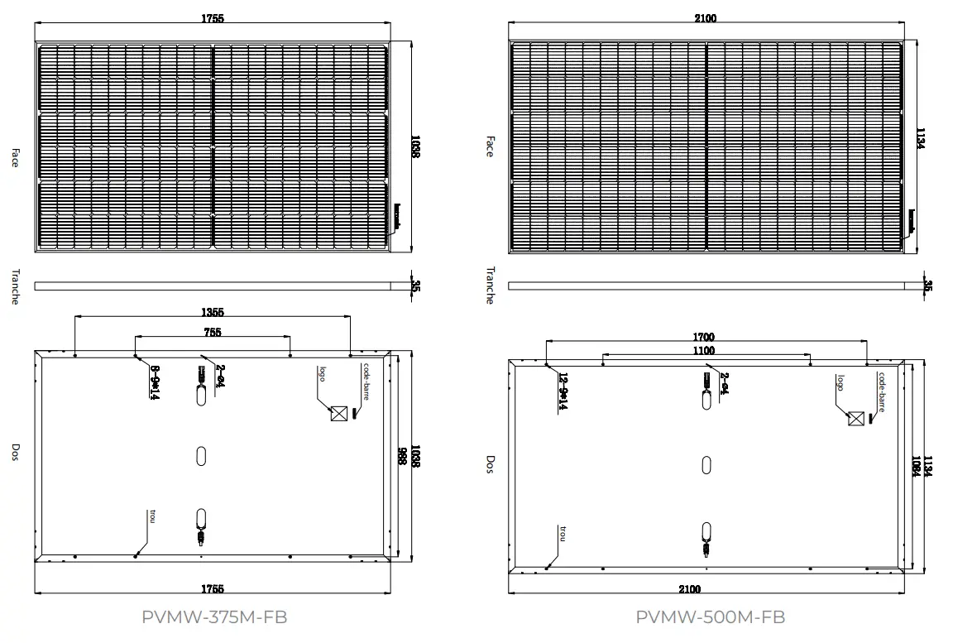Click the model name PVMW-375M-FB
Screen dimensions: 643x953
coord(214,617)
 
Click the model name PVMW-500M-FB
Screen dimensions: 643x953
coord(710,617)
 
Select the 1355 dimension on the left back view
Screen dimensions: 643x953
coord(213,313)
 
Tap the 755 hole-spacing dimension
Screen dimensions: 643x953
coord(213,333)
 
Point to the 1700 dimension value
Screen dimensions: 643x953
coord(704,337)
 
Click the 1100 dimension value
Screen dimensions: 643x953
coord(704,351)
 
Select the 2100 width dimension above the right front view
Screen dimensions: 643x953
coord(706,18)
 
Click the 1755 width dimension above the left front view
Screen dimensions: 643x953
coord(213,18)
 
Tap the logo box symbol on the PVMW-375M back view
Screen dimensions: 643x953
coord(338,414)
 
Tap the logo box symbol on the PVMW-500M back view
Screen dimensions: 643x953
coord(856,419)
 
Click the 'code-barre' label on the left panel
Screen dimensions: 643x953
coord(365,381)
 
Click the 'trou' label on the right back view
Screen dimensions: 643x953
coord(563,533)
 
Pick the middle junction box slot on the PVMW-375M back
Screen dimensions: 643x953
coord(200,456)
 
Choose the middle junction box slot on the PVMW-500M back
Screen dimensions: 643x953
coord(706,465)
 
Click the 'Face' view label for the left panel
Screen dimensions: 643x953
coord(14,158)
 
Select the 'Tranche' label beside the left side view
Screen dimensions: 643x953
coord(14,286)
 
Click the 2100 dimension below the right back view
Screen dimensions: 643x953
coord(689,589)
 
